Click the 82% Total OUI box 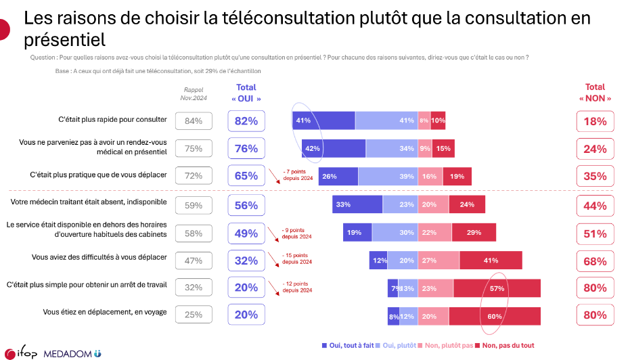246,121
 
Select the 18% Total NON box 595,121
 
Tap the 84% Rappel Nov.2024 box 194,121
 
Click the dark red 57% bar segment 497,288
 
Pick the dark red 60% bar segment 494,316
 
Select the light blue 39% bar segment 388,176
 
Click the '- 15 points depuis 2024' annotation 297,258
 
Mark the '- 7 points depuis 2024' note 297,174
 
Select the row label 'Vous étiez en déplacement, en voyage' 105,313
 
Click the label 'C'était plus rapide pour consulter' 112,120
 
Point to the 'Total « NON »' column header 595,93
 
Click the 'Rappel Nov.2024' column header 193,93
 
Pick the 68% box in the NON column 595,261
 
